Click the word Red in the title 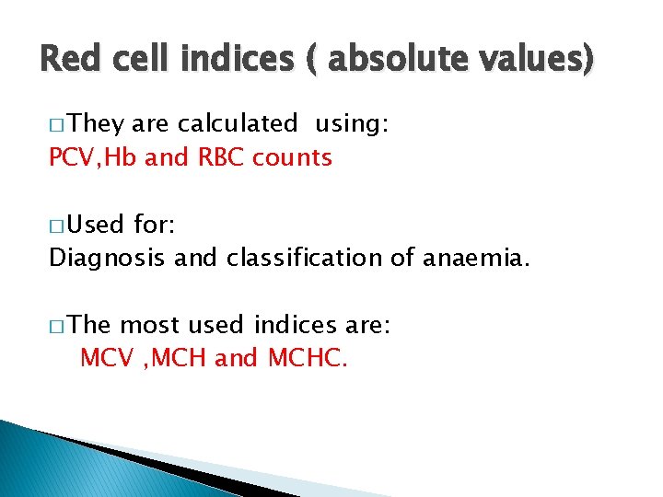(x=67, y=61)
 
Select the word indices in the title (x=227, y=61)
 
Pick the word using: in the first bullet (x=353, y=124)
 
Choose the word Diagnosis (x=108, y=259)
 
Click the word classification (x=286, y=259)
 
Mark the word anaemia (x=476, y=259)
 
